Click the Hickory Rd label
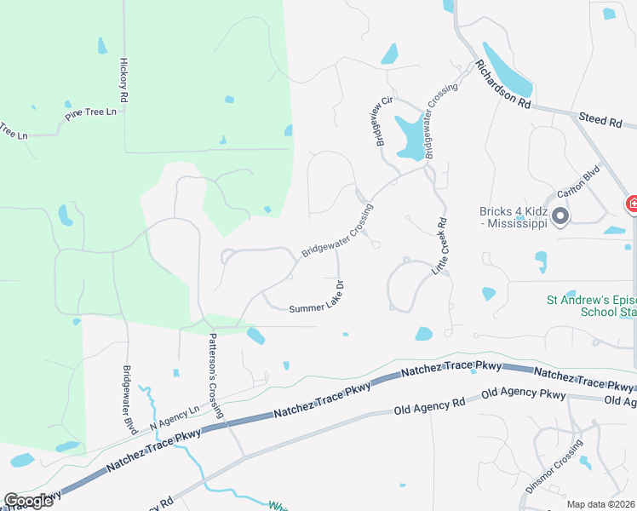(x=123, y=81)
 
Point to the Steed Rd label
(x=600, y=122)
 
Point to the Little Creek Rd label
(x=441, y=248)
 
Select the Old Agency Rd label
(x=429, y=406)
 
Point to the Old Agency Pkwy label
(x=523, y=394)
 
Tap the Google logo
(x=28, y=500)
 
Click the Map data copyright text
(x=601, y=504)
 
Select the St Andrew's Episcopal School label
(x=591, y=306)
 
